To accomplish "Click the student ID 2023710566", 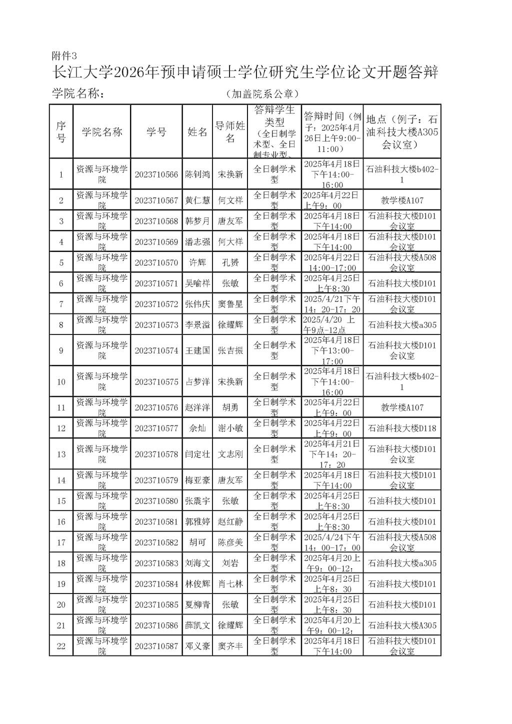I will coord(156,174).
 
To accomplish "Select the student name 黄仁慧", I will coord(197,200).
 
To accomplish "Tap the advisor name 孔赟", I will coord(230,262).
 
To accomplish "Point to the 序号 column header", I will coord(61,132).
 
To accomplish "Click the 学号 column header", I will coord(156,132).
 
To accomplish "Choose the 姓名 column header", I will coord(197,132).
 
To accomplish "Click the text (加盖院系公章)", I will coord(262,94).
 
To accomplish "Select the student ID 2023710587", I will coord(156,646).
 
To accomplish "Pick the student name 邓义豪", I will coord(197,646).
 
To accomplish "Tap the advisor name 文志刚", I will coord(230,454).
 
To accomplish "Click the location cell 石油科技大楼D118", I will coord(402,428).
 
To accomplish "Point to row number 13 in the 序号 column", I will coord(61,454).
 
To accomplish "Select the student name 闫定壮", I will coord(197,454).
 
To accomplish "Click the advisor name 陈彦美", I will coord(230,542).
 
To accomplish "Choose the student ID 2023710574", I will coord(156,350).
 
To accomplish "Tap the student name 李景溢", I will coord(197,325).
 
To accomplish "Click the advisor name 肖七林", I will coord(230,584).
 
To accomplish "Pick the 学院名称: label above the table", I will coord(78,94).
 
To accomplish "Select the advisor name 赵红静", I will coord(230,522).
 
